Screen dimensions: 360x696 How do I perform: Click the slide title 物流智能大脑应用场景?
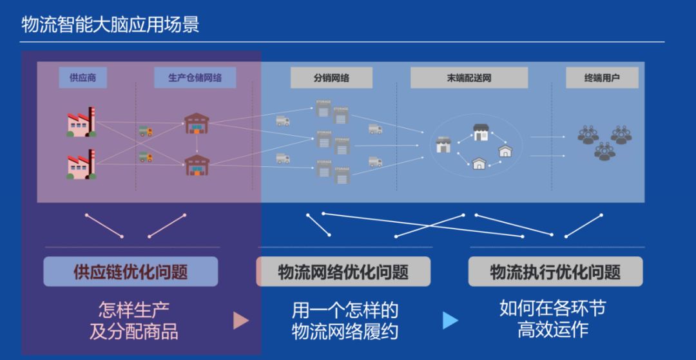[x=110, y=25]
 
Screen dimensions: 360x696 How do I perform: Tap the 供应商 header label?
[x=82, y=78]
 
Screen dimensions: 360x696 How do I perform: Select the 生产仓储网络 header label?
[x=195, y=78]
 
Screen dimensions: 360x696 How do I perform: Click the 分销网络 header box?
[x=331, y=78]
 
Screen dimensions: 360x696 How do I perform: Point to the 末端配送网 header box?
[x=469, y=78]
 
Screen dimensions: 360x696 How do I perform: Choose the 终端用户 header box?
[x=602, y=78]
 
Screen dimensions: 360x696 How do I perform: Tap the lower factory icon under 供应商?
[x=81, y=164]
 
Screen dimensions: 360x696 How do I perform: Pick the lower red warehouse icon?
[x=197, y=164]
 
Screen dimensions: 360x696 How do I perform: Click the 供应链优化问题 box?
[x=131, y=272]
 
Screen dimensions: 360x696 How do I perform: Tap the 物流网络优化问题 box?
[x=343, y=272]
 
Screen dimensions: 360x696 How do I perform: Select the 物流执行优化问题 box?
[x=556, y=272]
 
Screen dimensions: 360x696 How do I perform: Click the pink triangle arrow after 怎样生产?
[x=241, y=320]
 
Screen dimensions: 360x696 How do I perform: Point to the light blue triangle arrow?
[x=450, y=320]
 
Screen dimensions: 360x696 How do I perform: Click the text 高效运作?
[x=553, y=329]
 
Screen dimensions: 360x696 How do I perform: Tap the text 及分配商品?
[x=134, y=332]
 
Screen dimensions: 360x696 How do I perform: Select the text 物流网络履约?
[x=345, y=332]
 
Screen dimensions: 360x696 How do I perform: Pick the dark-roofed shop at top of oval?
[x=481, y=132]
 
